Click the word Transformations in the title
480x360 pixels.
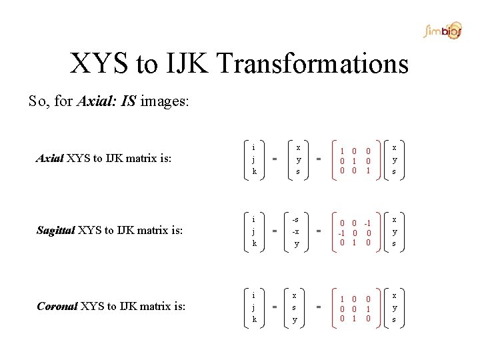tap(313, 64)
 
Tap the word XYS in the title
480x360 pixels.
tap(99, 64)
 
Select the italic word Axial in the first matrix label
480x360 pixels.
tap(49, 159)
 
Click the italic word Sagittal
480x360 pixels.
tap(55, 231)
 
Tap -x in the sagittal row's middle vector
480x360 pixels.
tap(295, 231)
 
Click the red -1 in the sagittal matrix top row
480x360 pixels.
tap(367, 223)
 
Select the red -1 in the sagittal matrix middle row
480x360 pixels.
tap(340, 233)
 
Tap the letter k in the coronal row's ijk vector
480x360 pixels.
tap(254, 320)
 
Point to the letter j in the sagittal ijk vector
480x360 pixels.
tap(253, 231)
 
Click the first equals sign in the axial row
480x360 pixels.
tap(275, 159)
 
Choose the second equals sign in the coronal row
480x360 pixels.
tap(318, 307)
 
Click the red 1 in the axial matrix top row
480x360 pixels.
tap(341, 150)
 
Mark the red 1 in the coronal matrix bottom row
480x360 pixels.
tap(354, 318)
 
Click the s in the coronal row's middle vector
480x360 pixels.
tap(295, 307)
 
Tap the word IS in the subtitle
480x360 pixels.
tap(129, 102)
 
